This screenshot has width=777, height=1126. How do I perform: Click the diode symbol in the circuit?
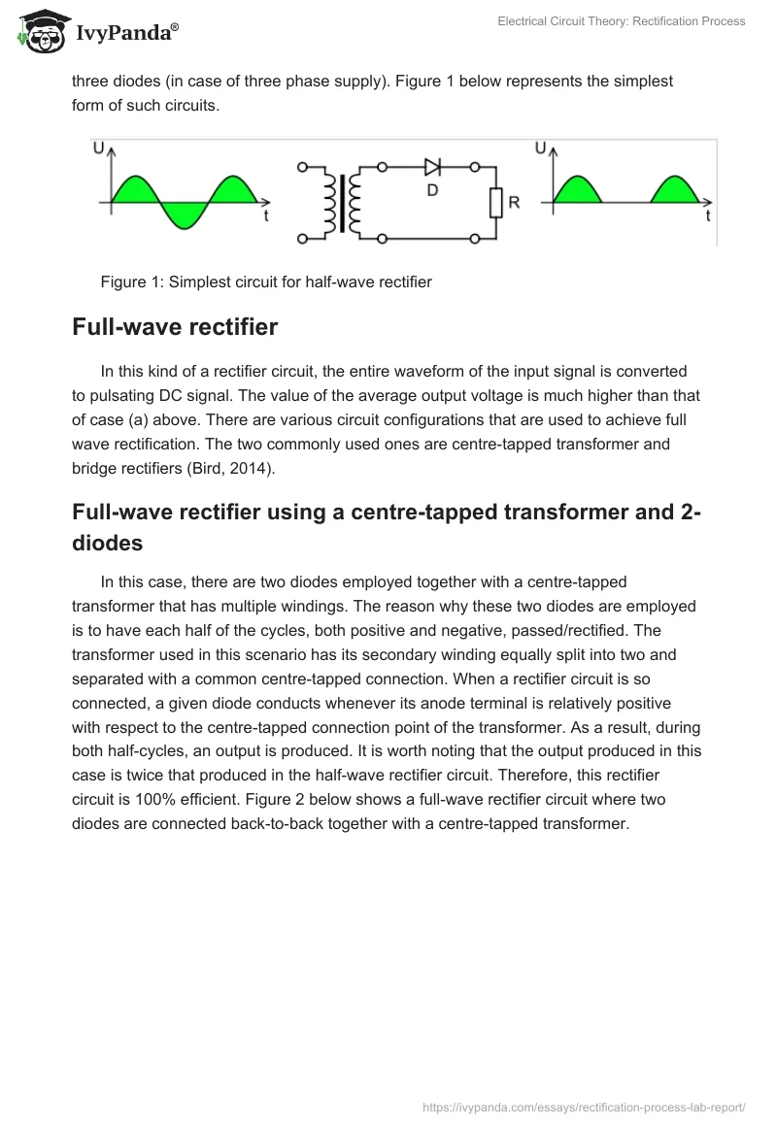[433, 167]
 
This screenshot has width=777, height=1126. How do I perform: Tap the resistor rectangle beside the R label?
[494, 203]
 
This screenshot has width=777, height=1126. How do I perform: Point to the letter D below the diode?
[432, 191]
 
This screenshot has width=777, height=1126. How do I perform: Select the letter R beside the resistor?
[514, 203]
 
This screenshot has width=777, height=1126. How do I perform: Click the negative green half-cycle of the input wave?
[182, 215]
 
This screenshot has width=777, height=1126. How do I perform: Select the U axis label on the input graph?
[99, 149]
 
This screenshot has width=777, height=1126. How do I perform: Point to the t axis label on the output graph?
[708, 216]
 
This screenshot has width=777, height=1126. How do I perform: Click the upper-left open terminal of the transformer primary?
[302, 167]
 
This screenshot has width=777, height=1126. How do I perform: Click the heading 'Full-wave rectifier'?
[175, 327]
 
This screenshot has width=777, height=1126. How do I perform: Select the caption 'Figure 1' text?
[133, 282]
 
